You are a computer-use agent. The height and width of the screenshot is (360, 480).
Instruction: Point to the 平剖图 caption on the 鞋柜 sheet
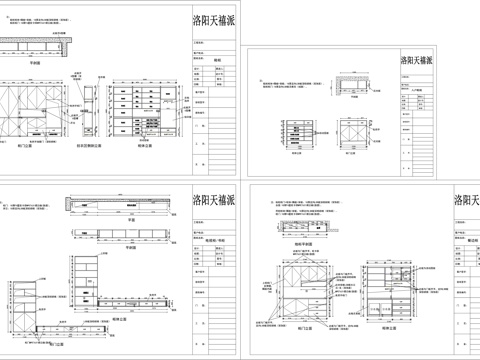click(34, 62)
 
